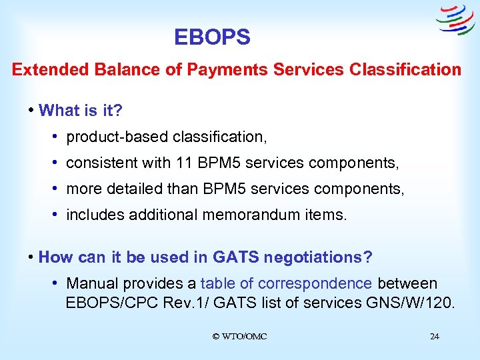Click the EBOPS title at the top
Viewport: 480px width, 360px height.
click(x=212, y=37)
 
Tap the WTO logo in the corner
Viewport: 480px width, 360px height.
click(x=455, y=20)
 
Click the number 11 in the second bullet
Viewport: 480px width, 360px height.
click(x=183, y=163)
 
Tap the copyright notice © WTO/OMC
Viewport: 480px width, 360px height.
click(x=239, y=337)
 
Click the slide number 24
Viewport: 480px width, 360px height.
click(x=434, y=337)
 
